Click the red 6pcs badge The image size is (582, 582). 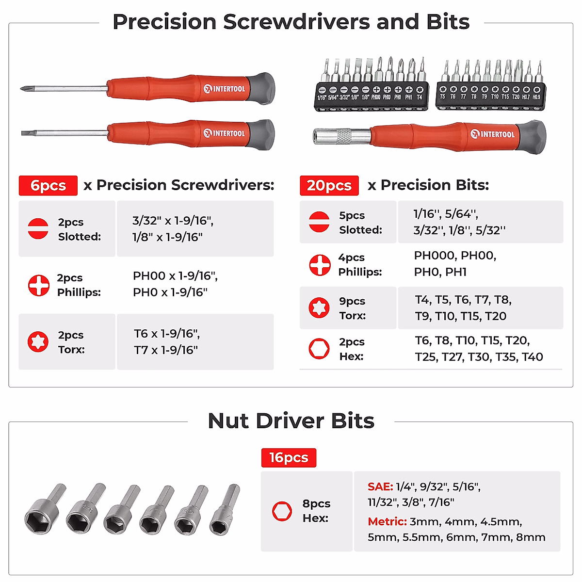point(48,185)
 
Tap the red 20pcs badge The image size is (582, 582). point(329,185)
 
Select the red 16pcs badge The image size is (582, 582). point(289,457)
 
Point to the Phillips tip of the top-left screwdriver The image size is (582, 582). point(23,88)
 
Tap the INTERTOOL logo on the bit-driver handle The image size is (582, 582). point(493,134)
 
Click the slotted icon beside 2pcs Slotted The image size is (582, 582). point(38,228)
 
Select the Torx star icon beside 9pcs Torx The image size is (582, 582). point(319,307)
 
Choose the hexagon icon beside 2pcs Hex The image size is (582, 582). point(319,349)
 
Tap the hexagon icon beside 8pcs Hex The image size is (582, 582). point(282,511)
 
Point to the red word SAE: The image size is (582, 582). point(380,486)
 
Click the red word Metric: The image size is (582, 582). point(387,521)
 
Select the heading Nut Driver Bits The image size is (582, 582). point(291,421)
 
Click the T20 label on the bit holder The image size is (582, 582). point(516,97)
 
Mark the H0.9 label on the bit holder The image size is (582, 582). point(536,97)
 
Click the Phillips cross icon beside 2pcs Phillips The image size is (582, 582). point(39,285)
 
